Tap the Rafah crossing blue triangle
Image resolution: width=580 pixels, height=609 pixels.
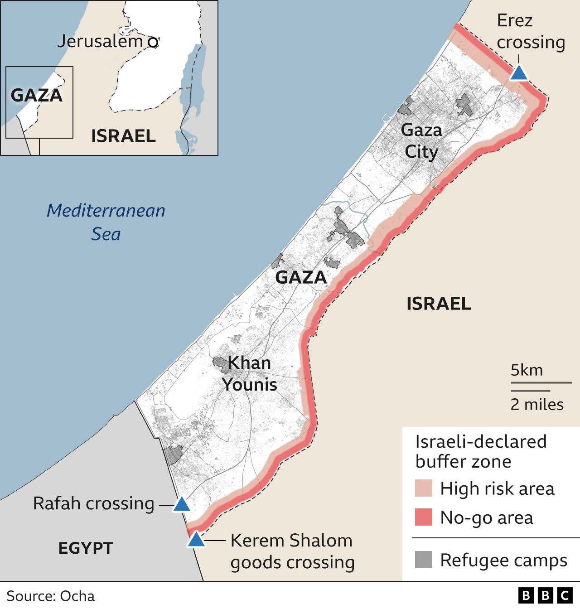[x=181, y=504]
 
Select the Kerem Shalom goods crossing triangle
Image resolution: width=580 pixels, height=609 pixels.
[x=196, y=540]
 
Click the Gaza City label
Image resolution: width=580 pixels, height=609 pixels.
[x=421, y=141]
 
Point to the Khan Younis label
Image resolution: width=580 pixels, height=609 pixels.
[x=249, y=373]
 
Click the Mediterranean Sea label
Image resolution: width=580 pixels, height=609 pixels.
[x=106, y=222]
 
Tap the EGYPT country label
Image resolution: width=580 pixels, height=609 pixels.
[x=86, y=548]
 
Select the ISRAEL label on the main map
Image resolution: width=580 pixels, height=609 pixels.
[x=439, y=304]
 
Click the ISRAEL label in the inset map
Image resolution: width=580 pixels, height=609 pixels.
[x=123, y=136]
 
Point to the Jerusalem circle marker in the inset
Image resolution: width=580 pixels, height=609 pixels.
[x=154, y=43]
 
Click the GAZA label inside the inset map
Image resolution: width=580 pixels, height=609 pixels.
[x=36, y=95]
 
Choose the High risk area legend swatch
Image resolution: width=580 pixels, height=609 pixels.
[x=424, y=488]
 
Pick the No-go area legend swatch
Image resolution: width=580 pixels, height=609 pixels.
[x=424, y=517]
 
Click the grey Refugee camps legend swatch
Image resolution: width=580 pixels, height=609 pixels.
[x=424, y=560]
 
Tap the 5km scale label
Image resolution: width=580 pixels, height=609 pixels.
[x=527, y=370]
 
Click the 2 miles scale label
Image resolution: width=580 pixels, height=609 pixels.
[x=537, y=404]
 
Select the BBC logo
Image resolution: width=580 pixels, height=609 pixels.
[x=546, y=595]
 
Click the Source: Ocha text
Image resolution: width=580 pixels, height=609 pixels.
[x=51, y=596]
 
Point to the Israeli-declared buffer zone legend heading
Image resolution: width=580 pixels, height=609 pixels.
[x=480, y=451]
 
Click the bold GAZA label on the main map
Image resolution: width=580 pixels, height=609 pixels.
[x=301, y=277]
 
